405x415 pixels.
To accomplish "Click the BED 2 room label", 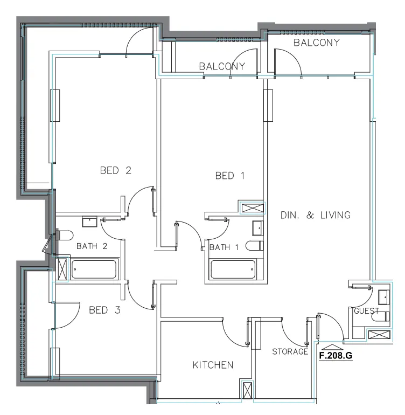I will click(x=116, y=171).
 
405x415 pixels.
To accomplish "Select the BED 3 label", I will click(x=104, y=310).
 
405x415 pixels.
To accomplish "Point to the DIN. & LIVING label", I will click(x=316, y=215).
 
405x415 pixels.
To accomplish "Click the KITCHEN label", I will click(x=213, y=365).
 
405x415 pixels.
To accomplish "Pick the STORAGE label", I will click(x=290, y=352).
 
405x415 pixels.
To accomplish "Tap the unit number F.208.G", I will click(x=336, y=356).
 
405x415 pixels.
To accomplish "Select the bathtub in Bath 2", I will click(x=94, y=269).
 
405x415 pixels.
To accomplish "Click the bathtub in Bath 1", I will click(x=233, y=269).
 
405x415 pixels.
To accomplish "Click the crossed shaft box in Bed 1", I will click(x=252, y=208).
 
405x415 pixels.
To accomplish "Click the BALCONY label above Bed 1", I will click(x=222, y=67).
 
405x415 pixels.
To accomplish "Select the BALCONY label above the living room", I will click(x=317, y=43).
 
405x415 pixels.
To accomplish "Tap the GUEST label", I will click(x=366, y=312).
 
